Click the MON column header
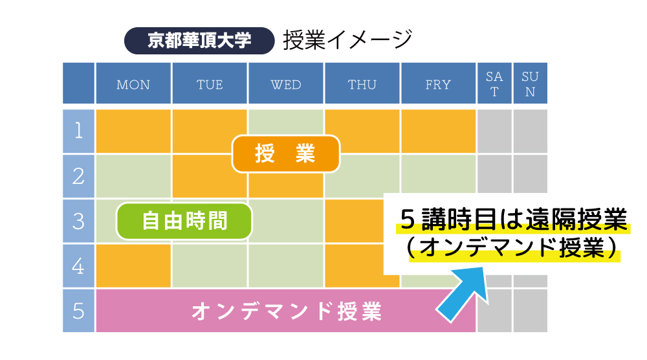point(133,84)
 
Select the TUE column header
point(210,84)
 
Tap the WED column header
point(286,84)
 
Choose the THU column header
point(362,84)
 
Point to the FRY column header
point(438,84)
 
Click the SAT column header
point(494,84)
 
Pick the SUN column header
point(531,84)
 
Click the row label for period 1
point(78,131)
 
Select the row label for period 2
point(78,176)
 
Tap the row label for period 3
point(78,221)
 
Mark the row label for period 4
point(78,266)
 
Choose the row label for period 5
point(78,311)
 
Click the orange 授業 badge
point(286,153)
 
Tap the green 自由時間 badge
point(184,221)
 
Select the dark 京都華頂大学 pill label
point(199,40)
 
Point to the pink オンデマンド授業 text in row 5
point(287,311)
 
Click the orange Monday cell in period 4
point(133,266)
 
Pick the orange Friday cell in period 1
point(438,131)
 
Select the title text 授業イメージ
point(348,40)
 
